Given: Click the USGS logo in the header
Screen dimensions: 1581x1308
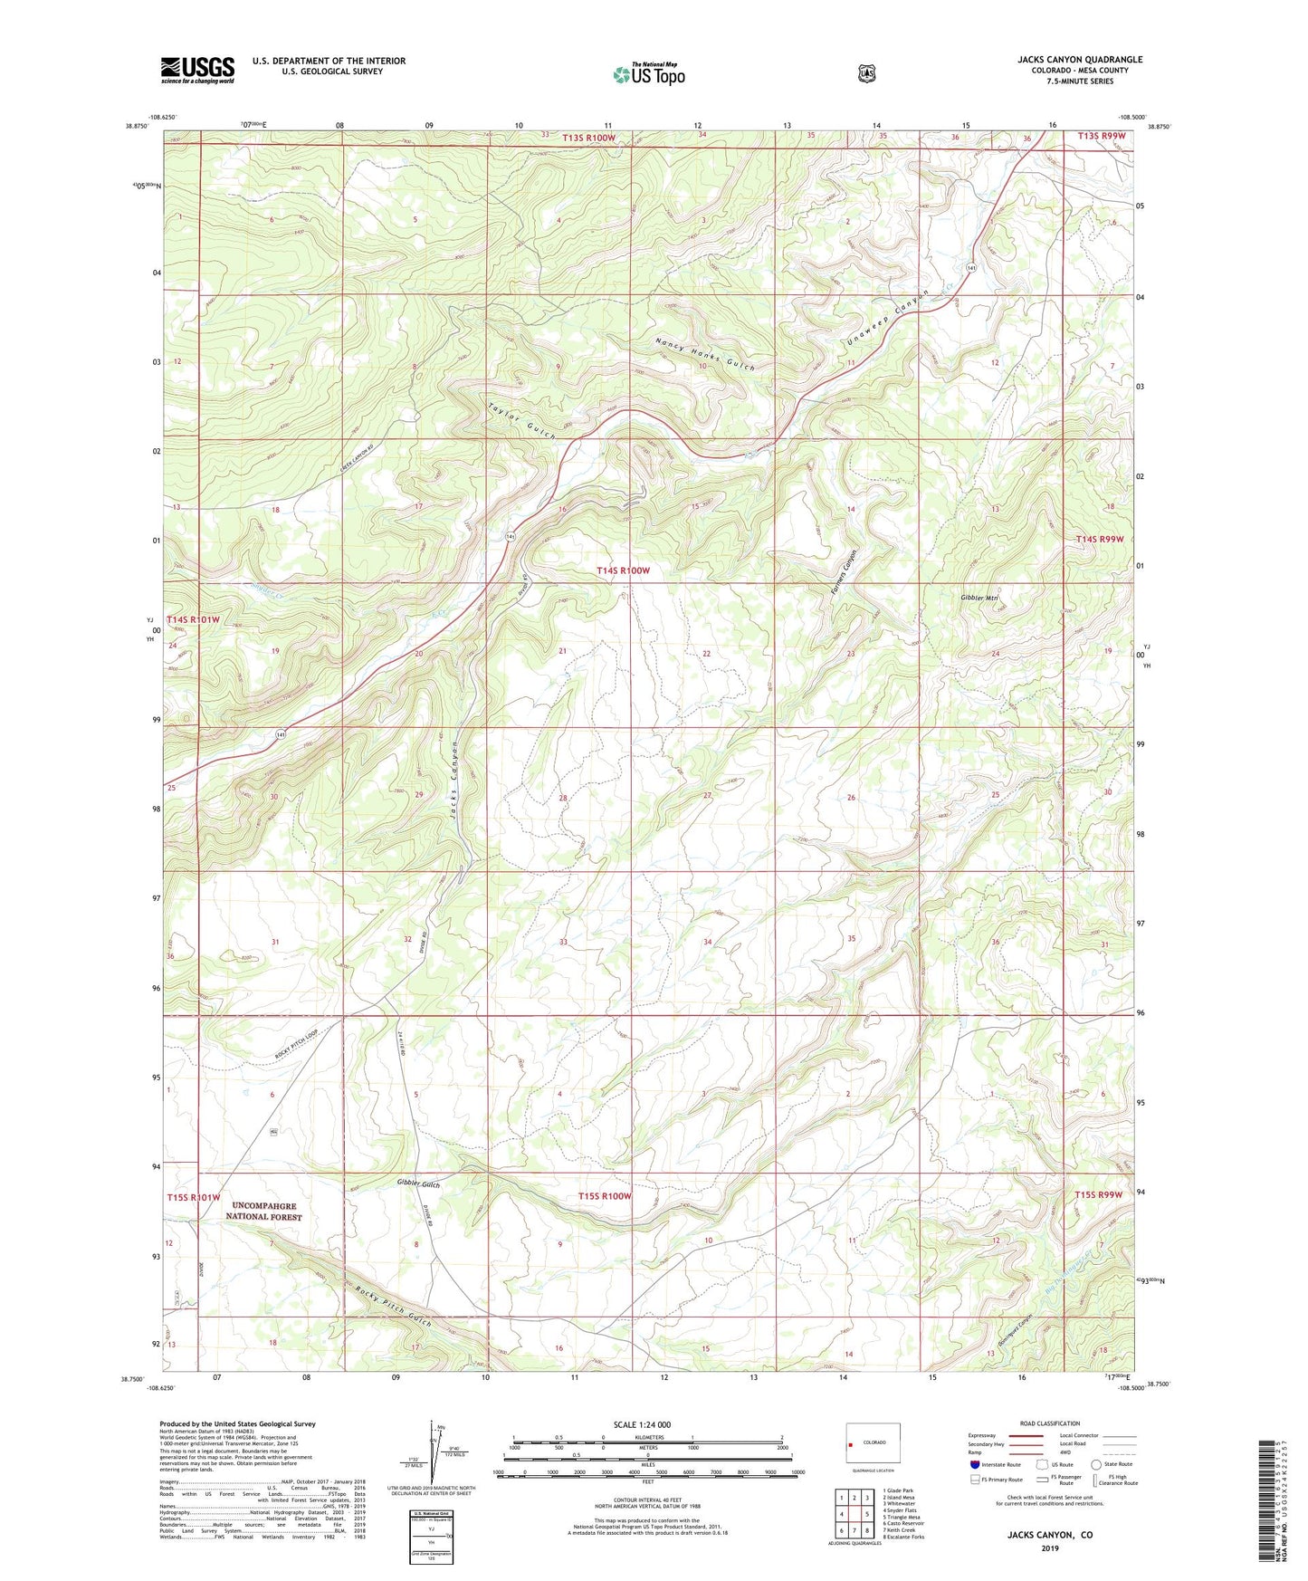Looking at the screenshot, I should pyautogui.click(x=197, y=70).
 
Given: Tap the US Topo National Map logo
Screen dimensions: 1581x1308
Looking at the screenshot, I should pyautogui.click(x=648, y=74).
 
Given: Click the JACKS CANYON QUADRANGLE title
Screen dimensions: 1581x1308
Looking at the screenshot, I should pyautogui.click(x=1079, y=60).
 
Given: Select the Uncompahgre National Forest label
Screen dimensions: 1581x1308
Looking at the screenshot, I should pyautogui.click(x=263, y=1212).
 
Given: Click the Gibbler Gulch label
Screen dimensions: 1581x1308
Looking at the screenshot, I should pyautogui.click(x=418, y=1184).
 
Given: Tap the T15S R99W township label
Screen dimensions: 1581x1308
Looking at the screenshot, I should pyautogui.click(x=1098, y=1195).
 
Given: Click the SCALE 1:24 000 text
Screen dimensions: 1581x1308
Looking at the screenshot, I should pyautogui.click(x=642, y=1424).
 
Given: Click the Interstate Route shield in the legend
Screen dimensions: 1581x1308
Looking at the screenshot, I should pyautogui.click(x=974, y=1464).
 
